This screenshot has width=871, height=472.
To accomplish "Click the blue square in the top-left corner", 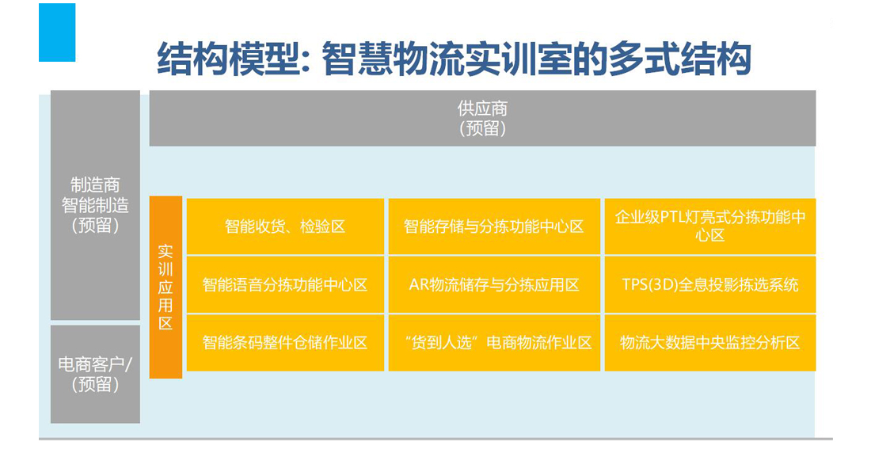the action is pos(57,32).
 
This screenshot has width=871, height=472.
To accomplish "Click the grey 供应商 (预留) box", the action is pos(482,118).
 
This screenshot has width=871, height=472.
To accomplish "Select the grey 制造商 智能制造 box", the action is pos(95,205).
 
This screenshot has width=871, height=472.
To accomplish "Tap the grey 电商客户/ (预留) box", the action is pos(95,375).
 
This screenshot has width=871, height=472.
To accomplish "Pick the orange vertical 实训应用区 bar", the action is pos(165,287).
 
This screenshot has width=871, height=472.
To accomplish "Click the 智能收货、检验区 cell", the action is pos(285,226).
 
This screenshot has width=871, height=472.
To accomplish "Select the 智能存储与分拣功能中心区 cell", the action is pos(494,226).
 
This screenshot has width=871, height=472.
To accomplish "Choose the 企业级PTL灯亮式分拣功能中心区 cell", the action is pos(710,226).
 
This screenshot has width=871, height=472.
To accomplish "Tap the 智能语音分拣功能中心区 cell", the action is pos(285,285).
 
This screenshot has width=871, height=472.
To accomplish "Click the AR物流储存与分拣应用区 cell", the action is pos(494,285).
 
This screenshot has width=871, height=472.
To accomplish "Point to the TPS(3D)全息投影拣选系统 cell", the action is pos(710,285).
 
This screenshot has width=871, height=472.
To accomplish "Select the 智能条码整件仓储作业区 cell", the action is pos(285,343).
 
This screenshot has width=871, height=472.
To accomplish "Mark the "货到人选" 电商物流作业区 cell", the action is pos(494,343).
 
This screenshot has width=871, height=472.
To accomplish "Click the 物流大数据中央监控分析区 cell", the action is pos(710,343).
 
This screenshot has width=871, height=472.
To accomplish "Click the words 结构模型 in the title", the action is pos(229,59).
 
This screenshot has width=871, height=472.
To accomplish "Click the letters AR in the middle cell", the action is pos(419,285).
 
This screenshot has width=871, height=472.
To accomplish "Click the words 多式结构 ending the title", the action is pos(679,59).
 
